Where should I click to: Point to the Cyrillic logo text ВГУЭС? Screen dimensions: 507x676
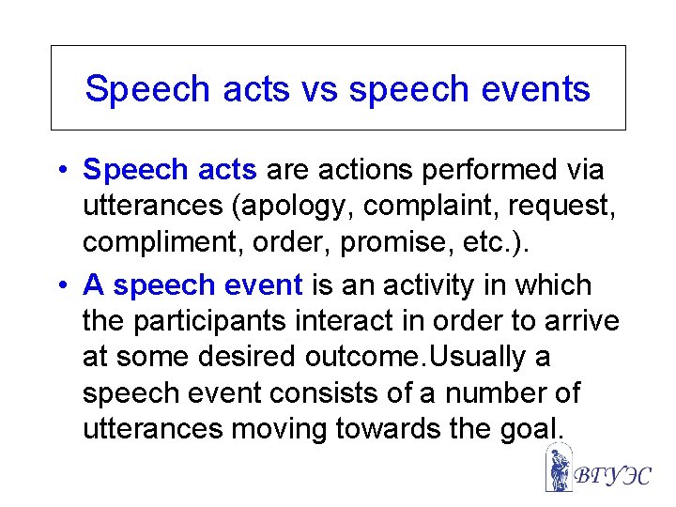click(611, 475)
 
